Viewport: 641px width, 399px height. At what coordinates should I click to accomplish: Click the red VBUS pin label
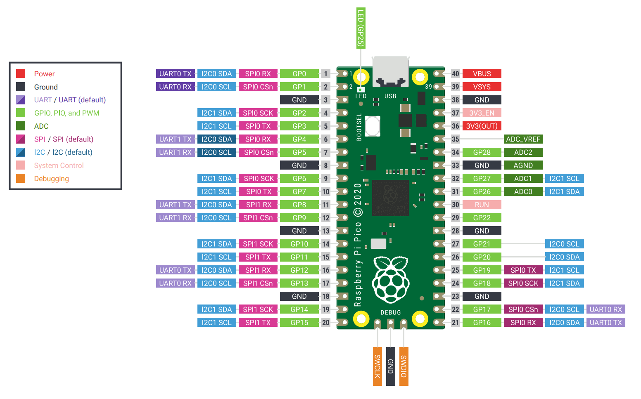[482, 74]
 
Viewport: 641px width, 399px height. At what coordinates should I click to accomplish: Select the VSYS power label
[482, 87]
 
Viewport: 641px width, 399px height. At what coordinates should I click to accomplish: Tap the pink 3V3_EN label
[482, 113]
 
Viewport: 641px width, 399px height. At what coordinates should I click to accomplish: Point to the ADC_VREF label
[523, 139]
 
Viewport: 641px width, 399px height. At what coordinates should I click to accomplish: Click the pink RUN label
[482, 205]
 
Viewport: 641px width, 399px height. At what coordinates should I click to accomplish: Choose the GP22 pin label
[482, 218]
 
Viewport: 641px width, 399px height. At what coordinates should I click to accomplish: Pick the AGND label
[523, 165]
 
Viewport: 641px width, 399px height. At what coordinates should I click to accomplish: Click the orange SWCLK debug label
[377, 366]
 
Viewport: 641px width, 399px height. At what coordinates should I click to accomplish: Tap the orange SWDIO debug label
[404, 366]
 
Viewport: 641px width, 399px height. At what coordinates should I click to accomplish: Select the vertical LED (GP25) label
[361, 28]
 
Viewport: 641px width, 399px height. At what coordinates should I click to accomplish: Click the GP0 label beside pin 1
[299, 74]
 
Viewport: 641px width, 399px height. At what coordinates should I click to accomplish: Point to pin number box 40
[455, 74]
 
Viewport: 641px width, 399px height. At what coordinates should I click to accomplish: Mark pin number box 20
[326, 323]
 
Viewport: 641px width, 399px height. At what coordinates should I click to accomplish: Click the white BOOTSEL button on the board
[373, 126]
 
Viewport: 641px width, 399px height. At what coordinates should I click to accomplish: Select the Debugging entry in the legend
[51, 179]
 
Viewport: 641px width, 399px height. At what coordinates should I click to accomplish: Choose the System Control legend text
[59, 165]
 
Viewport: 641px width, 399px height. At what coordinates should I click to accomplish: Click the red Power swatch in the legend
[21, 74]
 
